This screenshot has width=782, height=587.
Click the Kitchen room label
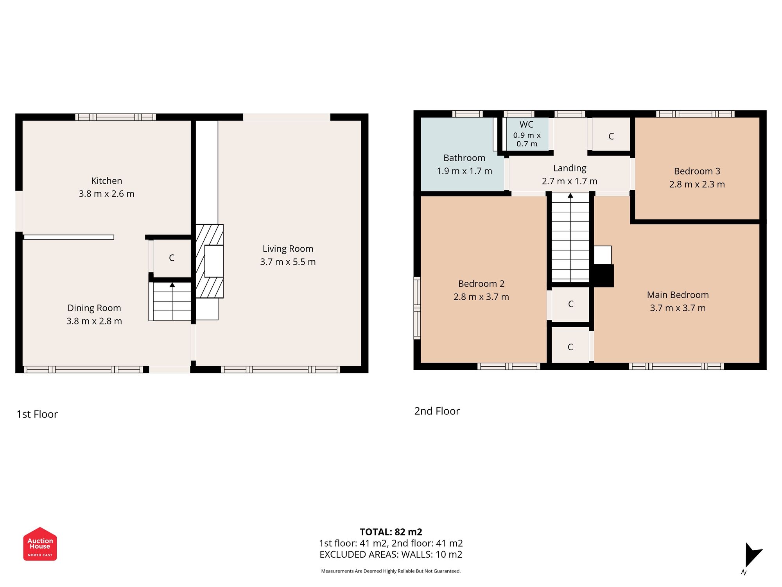click(106, 181)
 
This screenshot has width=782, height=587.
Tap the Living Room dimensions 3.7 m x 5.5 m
click(288, 262)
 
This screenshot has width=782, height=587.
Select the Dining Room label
click(94, 308)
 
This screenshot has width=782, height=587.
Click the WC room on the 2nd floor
click(526, 133)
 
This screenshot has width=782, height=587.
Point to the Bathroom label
click(464, 158)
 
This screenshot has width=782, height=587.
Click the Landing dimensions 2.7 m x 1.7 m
click(569, 181)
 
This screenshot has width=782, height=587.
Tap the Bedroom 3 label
click(697, 171)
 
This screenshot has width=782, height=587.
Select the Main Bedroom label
click(678, 295)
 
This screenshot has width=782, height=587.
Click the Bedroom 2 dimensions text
click(481, 297)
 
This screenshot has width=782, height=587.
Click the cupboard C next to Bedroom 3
click(611, 136)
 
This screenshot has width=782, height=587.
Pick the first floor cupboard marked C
click(171, 257)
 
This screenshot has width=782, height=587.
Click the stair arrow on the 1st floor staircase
click(172, 285)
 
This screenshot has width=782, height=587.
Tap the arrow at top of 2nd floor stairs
click(570, 195)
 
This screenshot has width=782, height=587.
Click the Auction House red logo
click(40, 544)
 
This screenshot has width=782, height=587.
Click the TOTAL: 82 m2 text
click(391, 532)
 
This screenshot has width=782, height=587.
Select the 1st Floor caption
click(37, 414)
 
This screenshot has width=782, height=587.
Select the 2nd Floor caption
click(437, 411)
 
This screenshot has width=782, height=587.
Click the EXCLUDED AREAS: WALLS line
click(391, 555)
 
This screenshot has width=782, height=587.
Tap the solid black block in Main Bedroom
click(603, 275)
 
